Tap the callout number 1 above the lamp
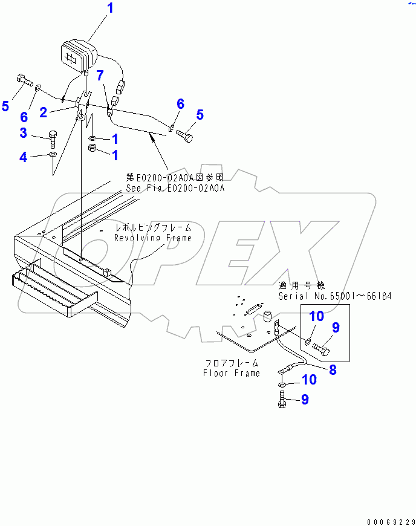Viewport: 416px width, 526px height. [x=109, y=8]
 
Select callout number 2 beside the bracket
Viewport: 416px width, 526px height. [x=44, y=111]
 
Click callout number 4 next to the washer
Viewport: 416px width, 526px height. [x=24, y=157]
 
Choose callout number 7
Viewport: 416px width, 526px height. [x=101, y=74]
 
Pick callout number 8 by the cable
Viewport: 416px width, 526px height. [x=332, y=370]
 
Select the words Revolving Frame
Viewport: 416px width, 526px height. [x=153, y=238]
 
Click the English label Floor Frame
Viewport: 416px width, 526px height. [x=232, y=373]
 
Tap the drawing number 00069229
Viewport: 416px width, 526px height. [x=390, y=521]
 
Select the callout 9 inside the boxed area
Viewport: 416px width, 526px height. [x=335, y=328]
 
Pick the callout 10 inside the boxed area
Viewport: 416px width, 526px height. [x=317, y=317]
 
